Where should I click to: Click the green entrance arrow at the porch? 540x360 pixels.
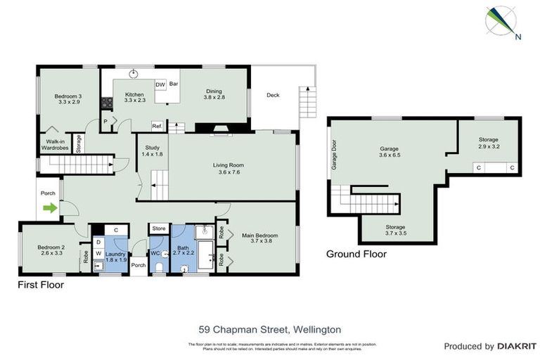49,208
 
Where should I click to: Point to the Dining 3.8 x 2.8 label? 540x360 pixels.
214,94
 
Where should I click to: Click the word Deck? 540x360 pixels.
273,95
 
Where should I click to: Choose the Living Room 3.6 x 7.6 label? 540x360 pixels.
232,168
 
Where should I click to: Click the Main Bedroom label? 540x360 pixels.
260,238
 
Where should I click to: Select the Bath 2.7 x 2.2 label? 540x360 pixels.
184,251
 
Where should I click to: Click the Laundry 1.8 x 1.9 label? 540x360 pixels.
116,257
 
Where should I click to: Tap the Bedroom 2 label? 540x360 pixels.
51,250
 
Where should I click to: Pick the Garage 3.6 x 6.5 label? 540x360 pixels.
389,153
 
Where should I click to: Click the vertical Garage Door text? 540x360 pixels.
335,155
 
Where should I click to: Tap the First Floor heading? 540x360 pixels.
41,285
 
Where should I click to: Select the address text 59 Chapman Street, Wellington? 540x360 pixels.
269,328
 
